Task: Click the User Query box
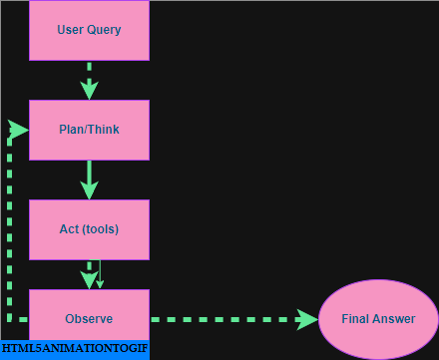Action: pyautogui.click(x=89, y=30)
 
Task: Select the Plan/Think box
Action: pyautogui.click(x=89, y=130)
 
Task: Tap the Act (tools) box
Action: pyautogui.click(x=89, y=229)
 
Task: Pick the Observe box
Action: pyautogui.click(x=89, y=319)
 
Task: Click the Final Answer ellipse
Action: pyautogui.click(x=378, y=320)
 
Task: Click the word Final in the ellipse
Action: pyautogui.click(x=356, y=320)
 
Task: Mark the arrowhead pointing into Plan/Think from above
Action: pyautogui.click(x=89, y=90)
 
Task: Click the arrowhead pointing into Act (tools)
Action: pyautogui.click(x=89, y=189)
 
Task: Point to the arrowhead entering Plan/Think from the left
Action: pyautogui.click(x=19, y=130)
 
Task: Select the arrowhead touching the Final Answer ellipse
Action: pyautogui.click(x=306, y=320)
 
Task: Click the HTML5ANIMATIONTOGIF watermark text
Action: pyautogui.click(x=74, y=350)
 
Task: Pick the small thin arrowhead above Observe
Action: pyautogui.click(x=99, y=283)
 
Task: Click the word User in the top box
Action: pyautogui.click(x=70, y=30)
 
